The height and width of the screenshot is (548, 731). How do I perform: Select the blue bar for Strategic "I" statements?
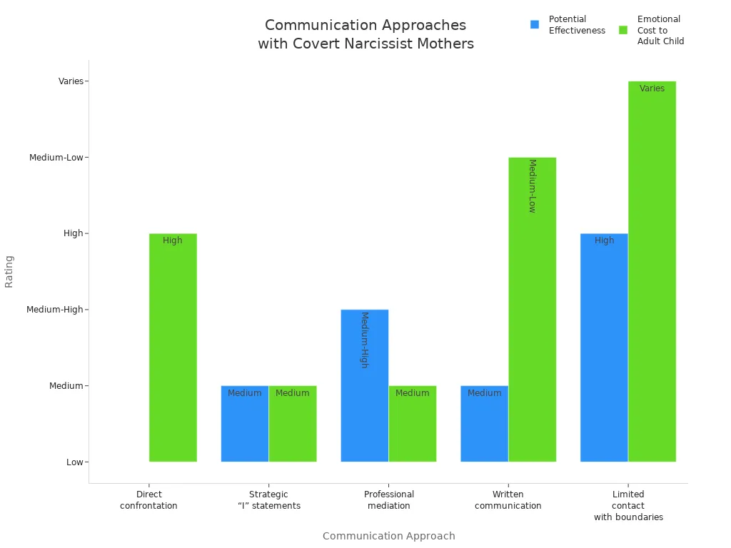pyautogui.click(x=245, y=424)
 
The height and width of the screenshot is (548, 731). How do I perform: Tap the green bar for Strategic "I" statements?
pyautogui.click(x=293, y=424)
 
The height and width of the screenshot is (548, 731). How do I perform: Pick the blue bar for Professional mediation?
pyautogui.click(x=365, y=385)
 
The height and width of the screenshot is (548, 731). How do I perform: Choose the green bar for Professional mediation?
pyautogui.click(x=413, y=424)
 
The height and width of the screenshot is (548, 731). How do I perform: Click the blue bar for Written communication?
pyautogui.click(x=485, y=424)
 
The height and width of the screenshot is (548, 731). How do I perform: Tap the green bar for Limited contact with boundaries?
pyautogui.click(x=652, y=271)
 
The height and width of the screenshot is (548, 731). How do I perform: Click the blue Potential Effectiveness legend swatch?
pyautogui.click(x=535, y=25)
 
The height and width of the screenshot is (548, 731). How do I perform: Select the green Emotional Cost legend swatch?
pyautogui.click(x=623, y=30)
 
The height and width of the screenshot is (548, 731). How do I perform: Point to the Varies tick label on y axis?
pyautogui.click(x=71, y=81)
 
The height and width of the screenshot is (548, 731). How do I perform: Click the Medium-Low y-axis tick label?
pyautogui.click(x=56, y=158)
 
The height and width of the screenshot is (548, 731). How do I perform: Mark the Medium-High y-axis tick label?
pyautogui.click(x=55, y=310)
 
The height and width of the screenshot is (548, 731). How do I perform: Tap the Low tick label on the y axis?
pyautogui.click(x=75, y=462)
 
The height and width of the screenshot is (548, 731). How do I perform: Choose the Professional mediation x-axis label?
pyautogui.click(x=389, y=500)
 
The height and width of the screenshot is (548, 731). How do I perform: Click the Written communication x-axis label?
pyautogui.click(x=508, y=500)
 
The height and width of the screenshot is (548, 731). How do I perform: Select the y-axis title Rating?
pyautogui.click(x=9, y=271)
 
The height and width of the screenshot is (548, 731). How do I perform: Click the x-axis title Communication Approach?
pyautogui.click(x=389, y=536)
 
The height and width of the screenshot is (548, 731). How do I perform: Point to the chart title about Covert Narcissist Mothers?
pyautogui.click(x=365, y=34)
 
